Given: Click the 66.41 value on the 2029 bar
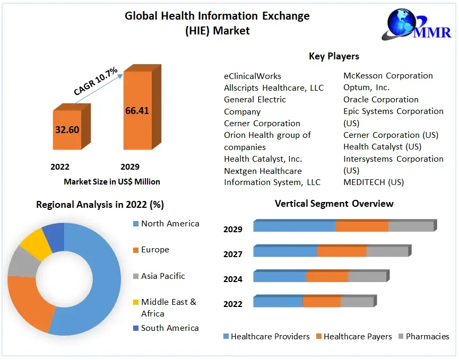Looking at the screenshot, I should point(137,111).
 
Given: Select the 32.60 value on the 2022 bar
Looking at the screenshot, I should point(67,129).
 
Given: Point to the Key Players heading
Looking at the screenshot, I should point(334,56).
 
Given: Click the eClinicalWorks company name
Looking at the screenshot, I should point(253,76).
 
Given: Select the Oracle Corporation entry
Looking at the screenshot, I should point(380,100).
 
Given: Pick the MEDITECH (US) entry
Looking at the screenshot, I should point(373,182).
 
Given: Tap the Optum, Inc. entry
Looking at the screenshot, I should point(366,87).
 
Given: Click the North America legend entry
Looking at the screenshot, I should point(170,224).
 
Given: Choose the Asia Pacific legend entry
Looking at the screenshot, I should point(163,276).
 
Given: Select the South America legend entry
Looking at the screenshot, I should point(169,328).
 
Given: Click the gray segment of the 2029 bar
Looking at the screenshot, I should point(411,226).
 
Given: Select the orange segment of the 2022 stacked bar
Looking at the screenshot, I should point(322,302).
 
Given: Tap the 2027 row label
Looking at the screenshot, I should point(233,254).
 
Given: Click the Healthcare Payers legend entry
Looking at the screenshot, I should point(357,336).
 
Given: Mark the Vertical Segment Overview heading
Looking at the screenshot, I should point(334,204).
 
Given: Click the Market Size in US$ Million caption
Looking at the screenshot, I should point(111,181).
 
